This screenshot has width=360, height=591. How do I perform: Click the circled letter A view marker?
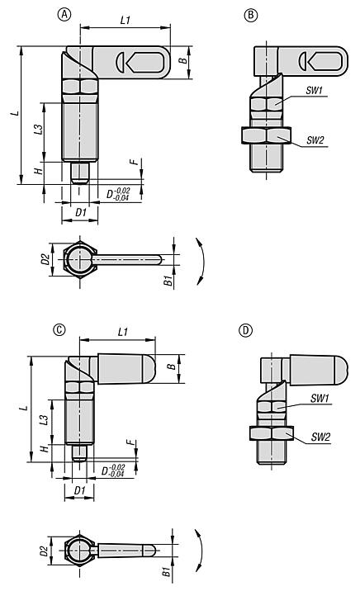(64, 14)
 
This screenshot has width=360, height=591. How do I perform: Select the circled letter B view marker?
(251, 15)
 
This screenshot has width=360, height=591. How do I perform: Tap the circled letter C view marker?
(59, 330)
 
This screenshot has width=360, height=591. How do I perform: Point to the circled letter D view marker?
(245, 330)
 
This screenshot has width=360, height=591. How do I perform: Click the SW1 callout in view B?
(314, 90)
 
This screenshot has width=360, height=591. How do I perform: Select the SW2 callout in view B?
(315, 140)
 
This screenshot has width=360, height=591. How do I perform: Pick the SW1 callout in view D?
(320, 398)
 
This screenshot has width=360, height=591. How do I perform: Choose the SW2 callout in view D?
(320, 437)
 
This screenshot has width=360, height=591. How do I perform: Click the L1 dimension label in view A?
(126, 20)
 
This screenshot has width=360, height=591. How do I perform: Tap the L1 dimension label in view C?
(123, 332)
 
